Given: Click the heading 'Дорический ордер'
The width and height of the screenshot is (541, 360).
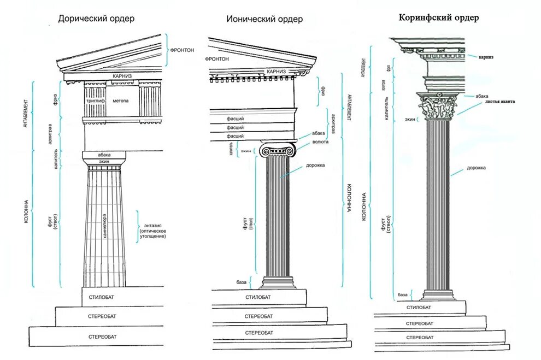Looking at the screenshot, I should (97, 19).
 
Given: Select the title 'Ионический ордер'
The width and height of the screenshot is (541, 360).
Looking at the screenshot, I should (264, 20).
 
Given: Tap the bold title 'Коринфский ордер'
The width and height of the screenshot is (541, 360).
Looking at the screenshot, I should (439, 17).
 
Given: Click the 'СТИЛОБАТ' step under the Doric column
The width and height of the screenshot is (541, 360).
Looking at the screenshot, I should (104, 298).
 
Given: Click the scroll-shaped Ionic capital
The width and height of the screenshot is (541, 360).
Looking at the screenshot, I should (279, 150).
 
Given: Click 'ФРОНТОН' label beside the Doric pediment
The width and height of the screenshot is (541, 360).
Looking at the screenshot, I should (182, 50).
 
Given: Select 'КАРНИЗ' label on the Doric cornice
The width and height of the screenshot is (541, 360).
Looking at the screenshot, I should (123, 76).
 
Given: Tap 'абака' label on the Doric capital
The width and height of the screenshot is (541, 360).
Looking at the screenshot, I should (104, 155).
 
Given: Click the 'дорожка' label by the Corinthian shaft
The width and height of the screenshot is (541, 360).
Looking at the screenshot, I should (477, 168).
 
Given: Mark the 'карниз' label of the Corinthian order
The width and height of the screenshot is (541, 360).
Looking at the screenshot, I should (486, 56).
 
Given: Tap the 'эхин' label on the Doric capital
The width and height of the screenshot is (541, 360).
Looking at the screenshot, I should (104, 162).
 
